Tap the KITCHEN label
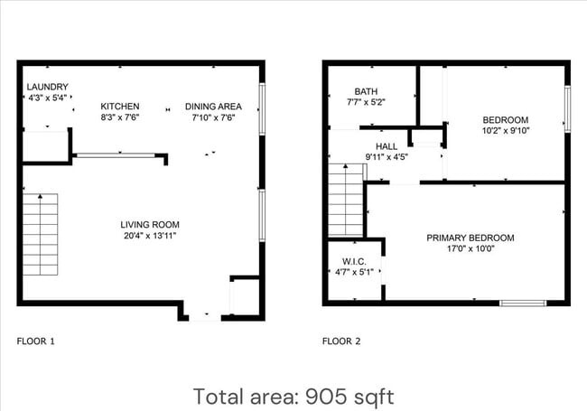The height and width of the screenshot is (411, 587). click(x=120, y=107)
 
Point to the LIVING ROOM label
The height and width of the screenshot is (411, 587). click(x=150, y=225)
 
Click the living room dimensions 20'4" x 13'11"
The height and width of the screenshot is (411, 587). click(x=150, y=236)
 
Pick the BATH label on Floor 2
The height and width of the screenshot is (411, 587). click(x=366, y=91)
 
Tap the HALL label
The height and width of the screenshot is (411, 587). click(x=387, y=145)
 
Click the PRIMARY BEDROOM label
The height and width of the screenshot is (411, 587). click(x=471, y=238)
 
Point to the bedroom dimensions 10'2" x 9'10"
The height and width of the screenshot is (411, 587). click(x=505, y=130)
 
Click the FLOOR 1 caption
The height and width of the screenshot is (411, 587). click(x=36, y=341)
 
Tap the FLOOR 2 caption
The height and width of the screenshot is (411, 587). click(x=341, y=341)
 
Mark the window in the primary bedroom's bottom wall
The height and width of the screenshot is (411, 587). click(x=523, y=303)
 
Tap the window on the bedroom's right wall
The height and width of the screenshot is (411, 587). click(x=568, y=108)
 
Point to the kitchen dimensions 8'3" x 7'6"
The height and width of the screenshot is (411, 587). click(x=120, y=117)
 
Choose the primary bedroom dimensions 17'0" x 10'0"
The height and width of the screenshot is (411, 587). click(x=471, y=249)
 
